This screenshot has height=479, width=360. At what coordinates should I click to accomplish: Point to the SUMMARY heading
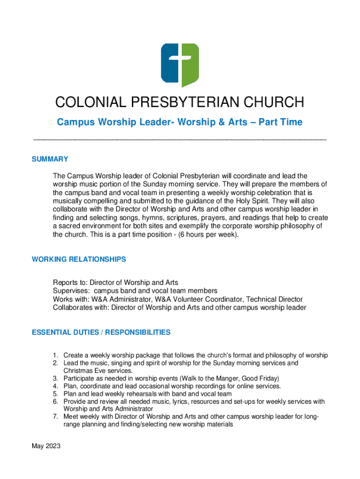coord(50,159)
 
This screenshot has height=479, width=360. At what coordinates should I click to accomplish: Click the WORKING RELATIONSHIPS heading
coord(79,259)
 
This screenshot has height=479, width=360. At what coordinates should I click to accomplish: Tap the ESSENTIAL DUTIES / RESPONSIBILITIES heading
coord(101,333)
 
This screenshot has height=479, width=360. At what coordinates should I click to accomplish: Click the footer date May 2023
coord(46,446)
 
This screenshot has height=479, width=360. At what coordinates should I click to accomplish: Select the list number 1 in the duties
coord(55,355)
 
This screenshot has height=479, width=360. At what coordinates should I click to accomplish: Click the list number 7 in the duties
coord(55,417)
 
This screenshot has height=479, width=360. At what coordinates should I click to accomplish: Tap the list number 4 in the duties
coord(55,386)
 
